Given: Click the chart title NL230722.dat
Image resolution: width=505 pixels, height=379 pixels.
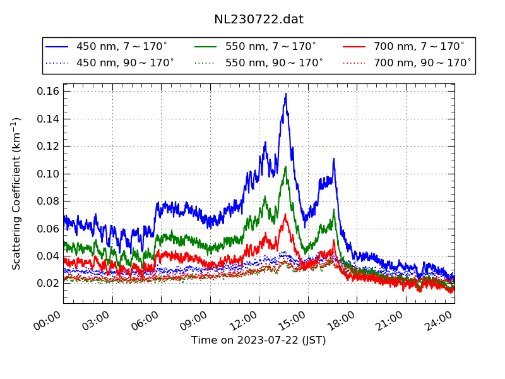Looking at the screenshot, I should (x=259, y=20).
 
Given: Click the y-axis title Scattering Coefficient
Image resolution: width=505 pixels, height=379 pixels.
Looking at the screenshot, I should (x=17, y=193).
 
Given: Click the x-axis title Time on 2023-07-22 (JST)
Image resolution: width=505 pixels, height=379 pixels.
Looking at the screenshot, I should (x=259, y=341).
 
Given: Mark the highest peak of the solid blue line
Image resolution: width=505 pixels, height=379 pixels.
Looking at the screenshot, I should (x=286, y=94).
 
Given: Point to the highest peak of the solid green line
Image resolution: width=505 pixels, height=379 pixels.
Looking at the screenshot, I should (x=286, y=167).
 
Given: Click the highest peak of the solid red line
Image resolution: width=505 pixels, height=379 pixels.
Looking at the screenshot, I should (x=285, y=215).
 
